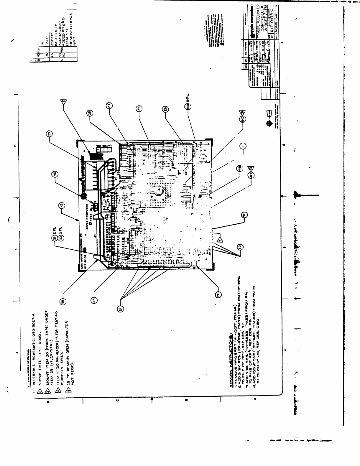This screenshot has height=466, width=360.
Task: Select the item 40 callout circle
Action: (54, 174)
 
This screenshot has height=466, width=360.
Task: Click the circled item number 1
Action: (243, 146)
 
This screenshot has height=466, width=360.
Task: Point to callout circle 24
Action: (139, 109)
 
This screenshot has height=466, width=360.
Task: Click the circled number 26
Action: (165, 109)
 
